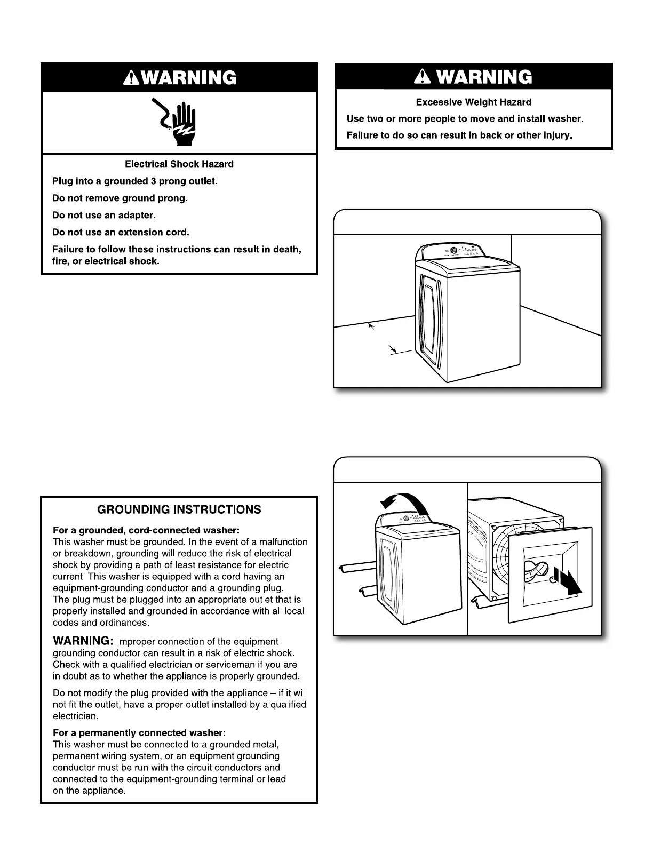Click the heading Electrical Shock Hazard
[x=179, y=164]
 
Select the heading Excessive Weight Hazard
[x=473, y=102]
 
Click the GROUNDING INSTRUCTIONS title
[x=179, y=509]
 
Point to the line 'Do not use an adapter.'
[x=103, y=216]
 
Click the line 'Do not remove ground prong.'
[x=120, y=198]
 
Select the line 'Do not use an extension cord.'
[x=121, y=233]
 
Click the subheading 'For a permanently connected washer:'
[x=139, y=733]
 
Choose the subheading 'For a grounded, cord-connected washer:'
[x=146, y=530]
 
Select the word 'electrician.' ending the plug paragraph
[x=75, y=716]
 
